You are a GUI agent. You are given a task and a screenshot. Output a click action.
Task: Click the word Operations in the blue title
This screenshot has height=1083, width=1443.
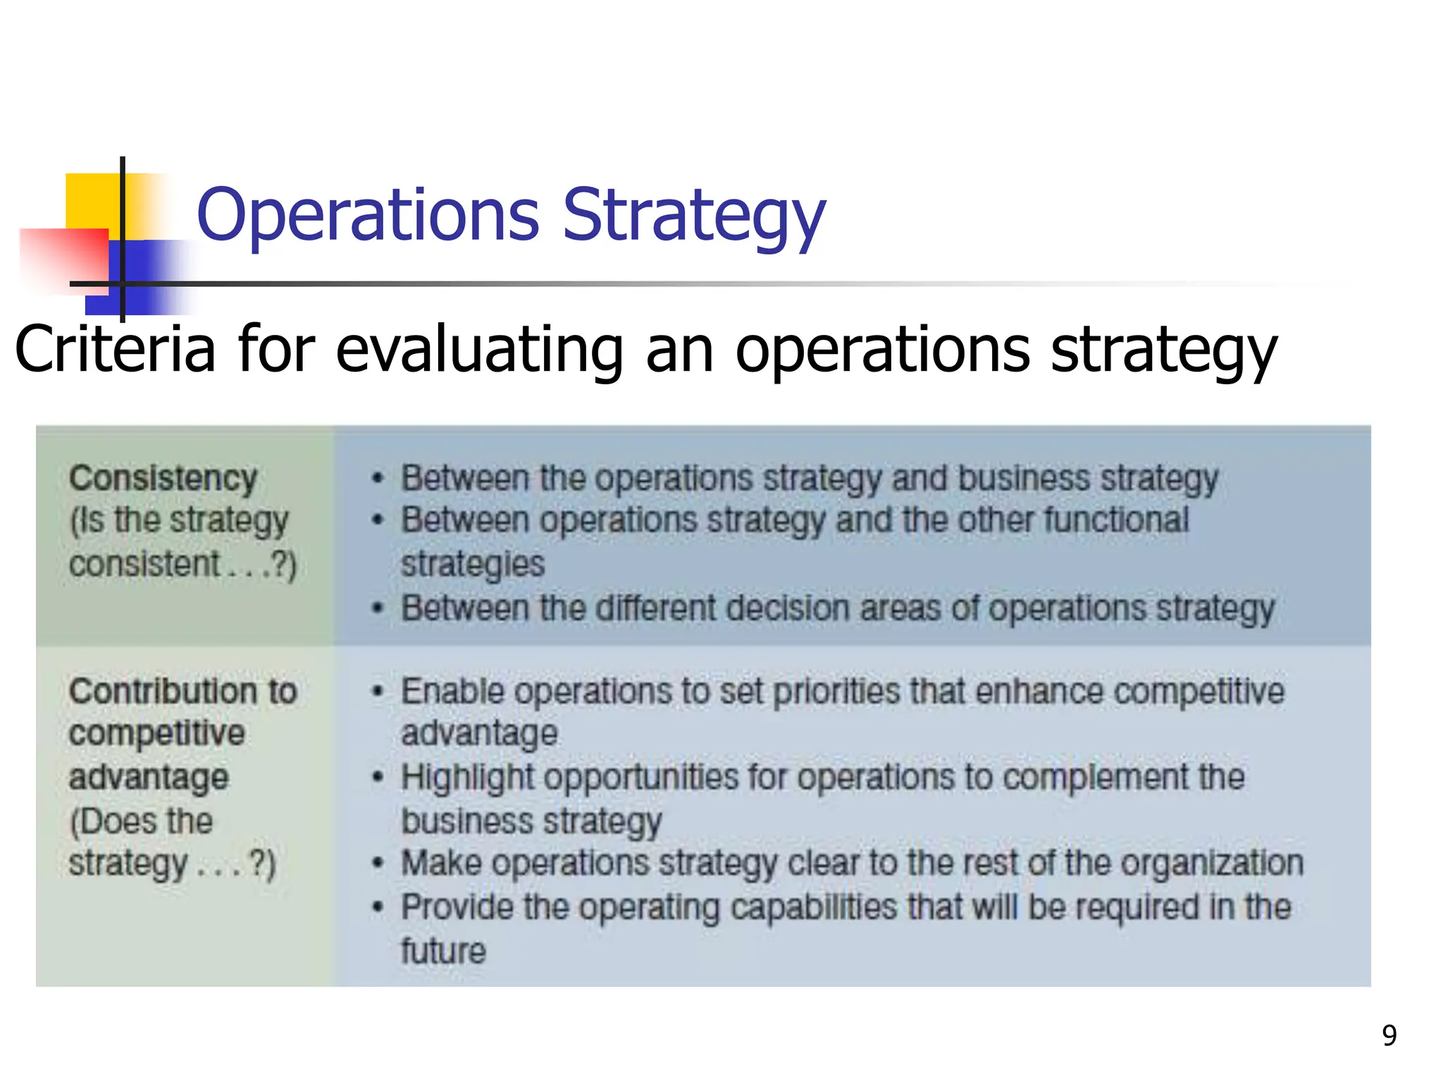(367, 215)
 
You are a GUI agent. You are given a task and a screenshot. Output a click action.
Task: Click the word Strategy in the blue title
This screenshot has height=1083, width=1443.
(693, 215)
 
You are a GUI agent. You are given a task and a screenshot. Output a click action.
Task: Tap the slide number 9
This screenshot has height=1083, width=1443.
(1389, 1035)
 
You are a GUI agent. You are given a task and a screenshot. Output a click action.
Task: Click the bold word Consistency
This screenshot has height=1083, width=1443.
(163, 479)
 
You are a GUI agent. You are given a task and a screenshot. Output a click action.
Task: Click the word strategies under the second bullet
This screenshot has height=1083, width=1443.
(473, 564)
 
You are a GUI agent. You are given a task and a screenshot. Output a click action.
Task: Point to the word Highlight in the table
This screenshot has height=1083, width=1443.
(468, 778)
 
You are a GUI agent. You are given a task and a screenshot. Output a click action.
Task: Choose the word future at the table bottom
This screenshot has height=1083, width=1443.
(443, 950)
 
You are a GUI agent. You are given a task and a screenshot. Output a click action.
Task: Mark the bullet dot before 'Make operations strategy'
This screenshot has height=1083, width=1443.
(378, 863)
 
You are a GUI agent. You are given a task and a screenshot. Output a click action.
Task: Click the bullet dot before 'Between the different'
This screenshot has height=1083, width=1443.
(378, 608)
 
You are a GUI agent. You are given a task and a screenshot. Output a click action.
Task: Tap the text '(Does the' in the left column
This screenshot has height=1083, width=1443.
(141, 821)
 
